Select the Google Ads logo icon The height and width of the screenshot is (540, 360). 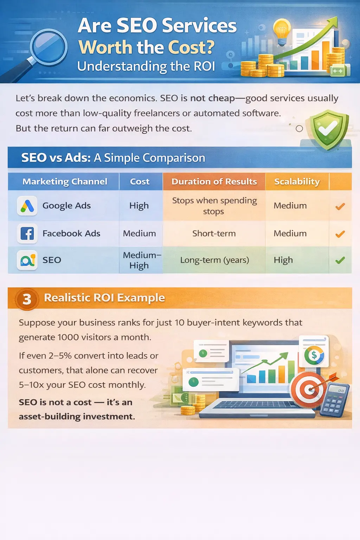[x=27, y=206]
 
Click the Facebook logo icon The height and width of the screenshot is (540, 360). [x=27, y=233]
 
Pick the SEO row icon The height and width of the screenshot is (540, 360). [x=27, y=260]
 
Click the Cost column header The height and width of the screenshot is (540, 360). [x=140, y=181]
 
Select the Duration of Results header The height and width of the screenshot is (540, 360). [x=214, y=181]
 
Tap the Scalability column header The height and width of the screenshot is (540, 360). [x=297, y=181]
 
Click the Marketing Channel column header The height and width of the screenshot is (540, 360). [x=65, y=181]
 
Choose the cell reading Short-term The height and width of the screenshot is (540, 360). [x=214, y=233]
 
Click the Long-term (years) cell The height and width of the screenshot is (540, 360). [x=214, y=260]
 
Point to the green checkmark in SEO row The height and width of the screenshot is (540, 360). [x=340, y=260]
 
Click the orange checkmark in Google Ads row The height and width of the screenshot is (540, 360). [x=340, y=206]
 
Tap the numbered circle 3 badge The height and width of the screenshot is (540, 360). [x=27, y=299]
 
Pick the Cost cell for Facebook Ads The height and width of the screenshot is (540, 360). [x=139, y=233]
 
